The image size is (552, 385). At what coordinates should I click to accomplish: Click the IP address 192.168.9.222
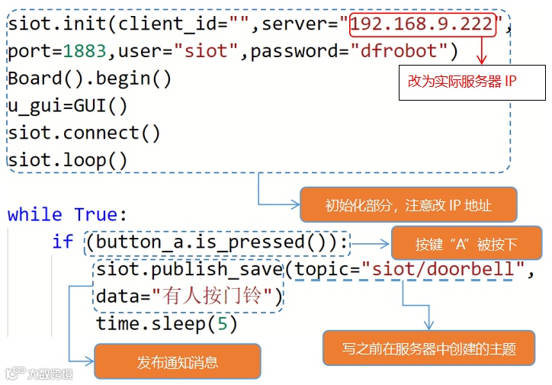click(x=422, y=24)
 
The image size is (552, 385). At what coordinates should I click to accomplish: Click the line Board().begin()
click(x=90, y=79)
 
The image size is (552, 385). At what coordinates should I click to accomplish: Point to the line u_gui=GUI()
click(x=68, y=106)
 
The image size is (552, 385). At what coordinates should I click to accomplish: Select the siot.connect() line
click(x=85, y=133)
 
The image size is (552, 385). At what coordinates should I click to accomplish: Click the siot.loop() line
click(x=68, y=160)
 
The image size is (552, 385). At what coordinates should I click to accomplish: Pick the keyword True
click(x=95, y=214)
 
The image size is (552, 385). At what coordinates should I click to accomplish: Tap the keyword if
click(x=63, y=242)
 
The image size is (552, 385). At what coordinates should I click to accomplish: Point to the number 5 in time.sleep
click(x=222, y=323)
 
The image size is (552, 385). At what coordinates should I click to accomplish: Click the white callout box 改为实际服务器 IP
click(x=472, y=82)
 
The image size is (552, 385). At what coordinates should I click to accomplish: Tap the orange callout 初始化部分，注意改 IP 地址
click(x=408, y=205)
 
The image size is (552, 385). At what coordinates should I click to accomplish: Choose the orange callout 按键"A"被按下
click(x=466, y=245)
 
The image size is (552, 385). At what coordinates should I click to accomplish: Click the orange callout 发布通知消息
click(x=177, y=362)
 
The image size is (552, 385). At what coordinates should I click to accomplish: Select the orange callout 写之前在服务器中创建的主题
click(x=428, y=349)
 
